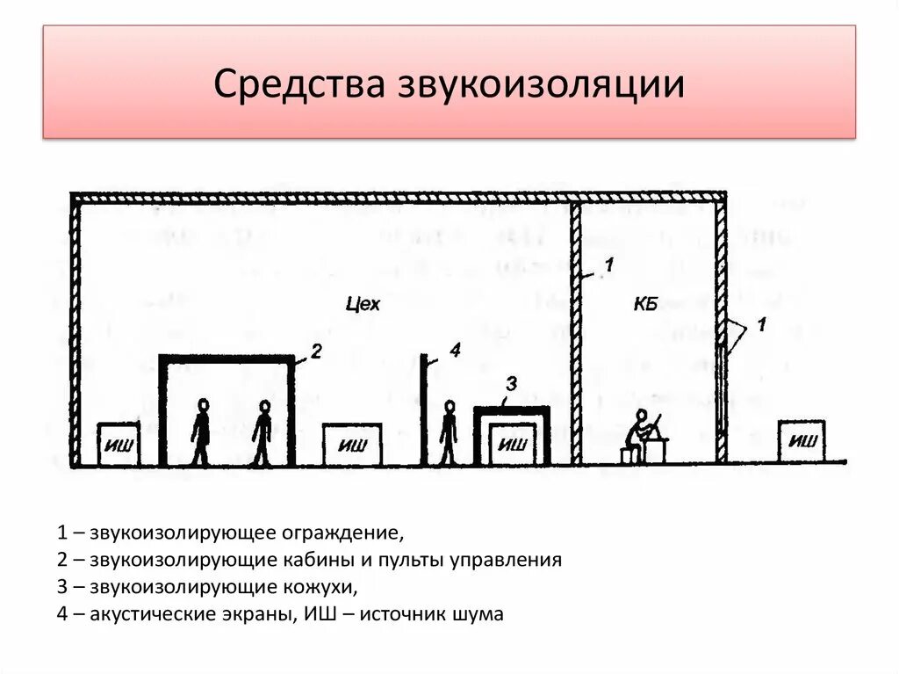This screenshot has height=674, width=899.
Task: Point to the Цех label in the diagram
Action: click(x=363, y=305)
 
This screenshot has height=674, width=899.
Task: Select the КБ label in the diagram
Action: click(x=645, y=305)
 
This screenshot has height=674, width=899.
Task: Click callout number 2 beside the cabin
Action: click(x=316, y=352)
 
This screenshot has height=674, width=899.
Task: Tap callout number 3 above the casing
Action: click(x=512, y=382)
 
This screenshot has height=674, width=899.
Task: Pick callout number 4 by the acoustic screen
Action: click(x=454, y=351)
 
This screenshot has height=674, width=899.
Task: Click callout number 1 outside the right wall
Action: click(x=761, y=325)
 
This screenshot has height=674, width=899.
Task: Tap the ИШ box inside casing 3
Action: click(x=512, y=445)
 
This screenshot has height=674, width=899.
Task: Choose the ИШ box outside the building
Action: click(x=801, y=441)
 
